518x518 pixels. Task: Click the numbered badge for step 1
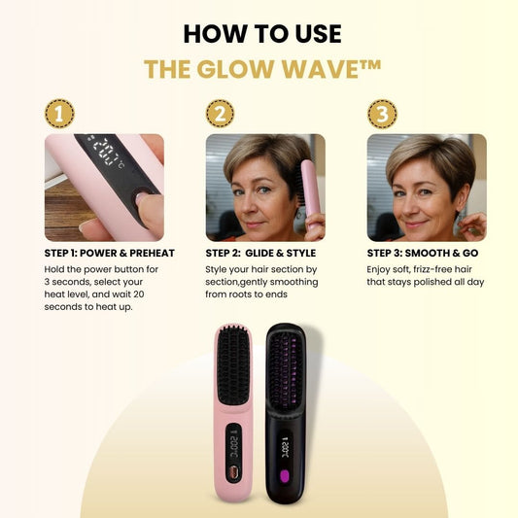click(59, 114)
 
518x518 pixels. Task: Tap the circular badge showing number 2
click(220, 114)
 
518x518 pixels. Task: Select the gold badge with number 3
click(382, 114)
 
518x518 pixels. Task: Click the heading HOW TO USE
click(262, 34)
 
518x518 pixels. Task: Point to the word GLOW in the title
click(235, 69)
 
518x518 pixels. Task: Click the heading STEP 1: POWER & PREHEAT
click(110, 253)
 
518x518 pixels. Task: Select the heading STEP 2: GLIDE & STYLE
click(260, 253)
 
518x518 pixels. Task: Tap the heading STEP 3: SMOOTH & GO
click(423, 253)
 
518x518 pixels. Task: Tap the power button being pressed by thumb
click(141, 195)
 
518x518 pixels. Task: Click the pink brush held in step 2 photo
click(310, 194)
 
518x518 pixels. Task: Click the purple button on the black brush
click(284, 476)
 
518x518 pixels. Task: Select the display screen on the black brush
click(285, 448)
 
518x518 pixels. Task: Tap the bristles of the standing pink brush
click(232, 365)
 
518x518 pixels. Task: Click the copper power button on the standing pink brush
click(233, 472)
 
